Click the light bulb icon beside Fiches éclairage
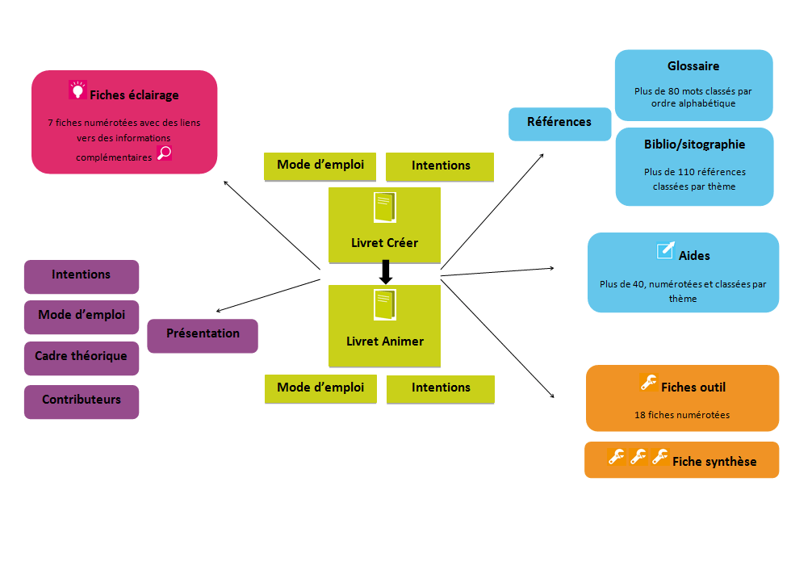77,90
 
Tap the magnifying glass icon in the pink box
164,153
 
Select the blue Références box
559,123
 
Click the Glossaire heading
693,66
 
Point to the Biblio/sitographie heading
694,145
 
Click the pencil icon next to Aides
666,251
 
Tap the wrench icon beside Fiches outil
647,383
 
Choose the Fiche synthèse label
714,462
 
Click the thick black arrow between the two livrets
386,272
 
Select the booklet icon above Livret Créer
385,208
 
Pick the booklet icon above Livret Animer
385,307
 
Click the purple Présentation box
203,334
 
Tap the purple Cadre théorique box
81,357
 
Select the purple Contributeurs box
82,400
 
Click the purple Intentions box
82,275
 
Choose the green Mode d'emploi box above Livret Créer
320,165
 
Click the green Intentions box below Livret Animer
441,388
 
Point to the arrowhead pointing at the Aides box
553,268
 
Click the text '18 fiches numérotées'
682,415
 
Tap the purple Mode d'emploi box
82,316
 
